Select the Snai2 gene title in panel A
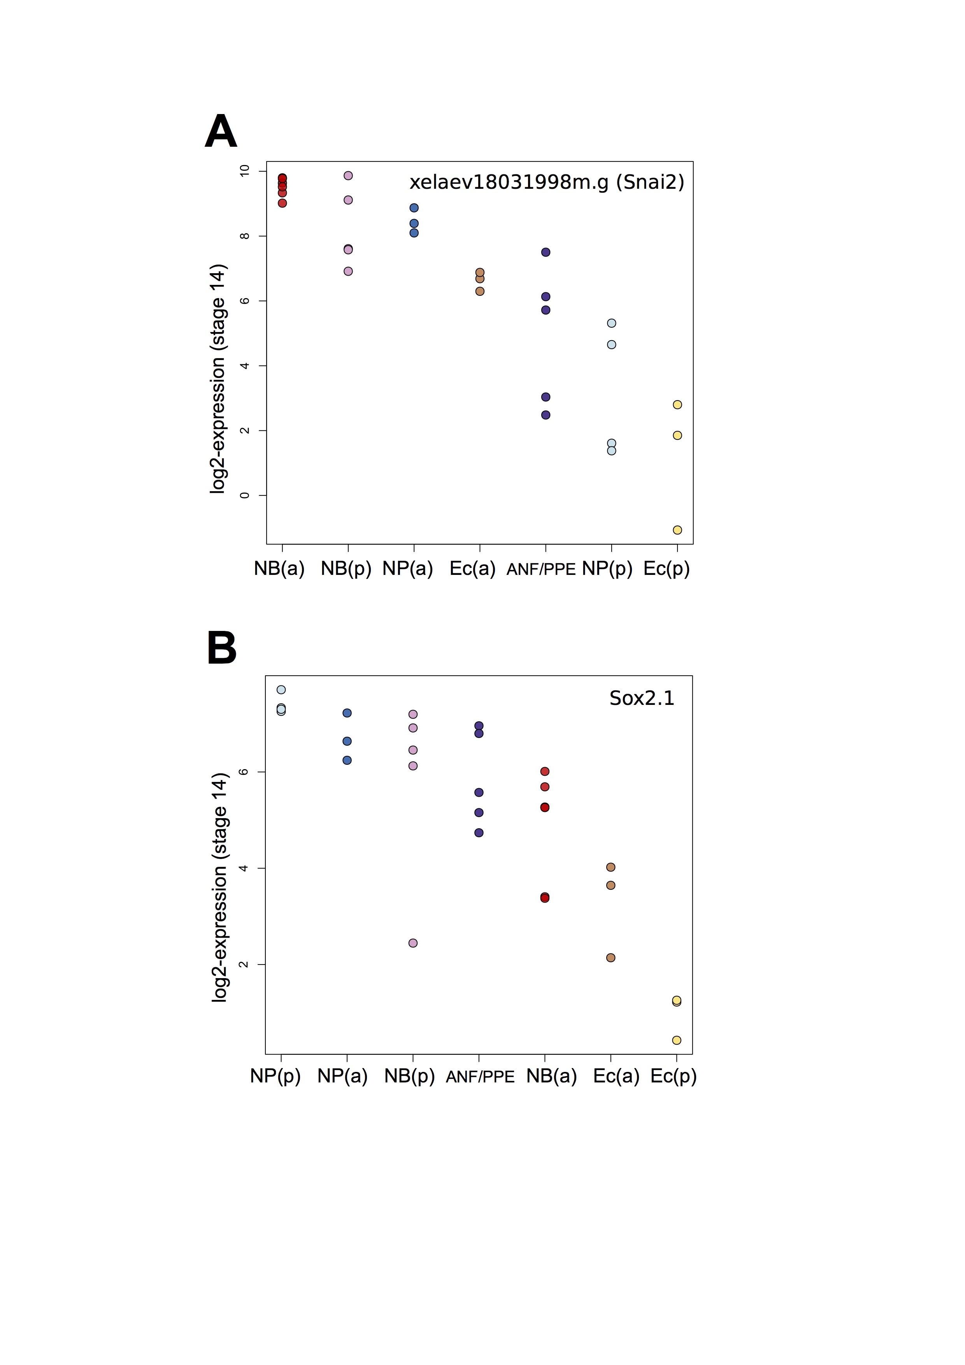(x=547, y=182)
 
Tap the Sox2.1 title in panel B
(x=642, y=698)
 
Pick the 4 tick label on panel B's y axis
(x=243, y=869)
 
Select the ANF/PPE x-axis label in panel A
(x=541, y=569)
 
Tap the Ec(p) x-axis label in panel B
(x=673, y=1076)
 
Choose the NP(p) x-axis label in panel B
(x=275, y=1076)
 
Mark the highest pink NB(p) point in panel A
(x=348, y=176)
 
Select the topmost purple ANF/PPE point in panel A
(x=546, y=252)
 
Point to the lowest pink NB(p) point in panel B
(x=413, y=943)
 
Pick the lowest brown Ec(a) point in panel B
(x=610, y=958)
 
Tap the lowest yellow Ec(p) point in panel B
(x=676, y=1040)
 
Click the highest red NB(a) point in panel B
(x=545, y=772)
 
